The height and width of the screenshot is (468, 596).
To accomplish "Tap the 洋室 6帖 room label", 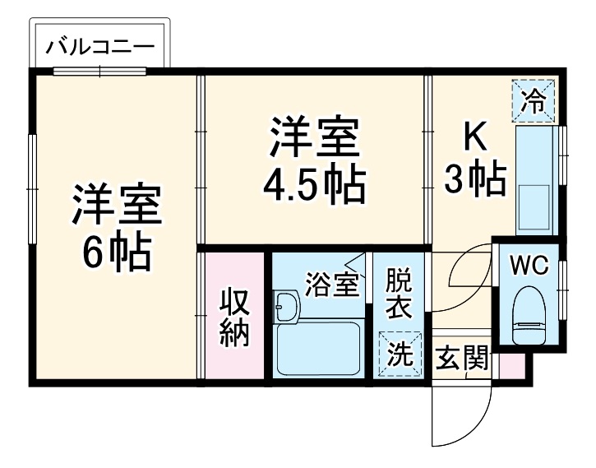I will coord(114,228).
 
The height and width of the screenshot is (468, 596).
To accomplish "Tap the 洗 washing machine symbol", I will coord(399,354).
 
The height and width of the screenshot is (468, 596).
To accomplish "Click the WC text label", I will coord(527,266).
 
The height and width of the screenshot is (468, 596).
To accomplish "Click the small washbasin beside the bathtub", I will coord(286,307).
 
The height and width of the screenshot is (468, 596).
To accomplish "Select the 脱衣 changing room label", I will coord(399,293).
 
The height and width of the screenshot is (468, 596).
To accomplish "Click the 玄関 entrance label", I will coord(462,358).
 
